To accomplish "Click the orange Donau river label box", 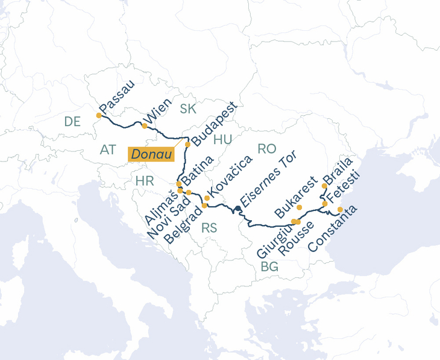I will point(151,154).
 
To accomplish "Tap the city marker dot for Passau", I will point(99,115).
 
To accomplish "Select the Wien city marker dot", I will point(144,126).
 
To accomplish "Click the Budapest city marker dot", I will point(187,145).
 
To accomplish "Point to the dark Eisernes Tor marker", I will point(238,209).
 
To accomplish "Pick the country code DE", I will point(72,122).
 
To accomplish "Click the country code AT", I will point(108,149).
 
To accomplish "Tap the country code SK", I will point(188,109).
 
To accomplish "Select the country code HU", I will point(222,139).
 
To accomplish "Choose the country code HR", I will point(145,181).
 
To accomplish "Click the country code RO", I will point(266,148).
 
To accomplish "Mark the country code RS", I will point(209,228).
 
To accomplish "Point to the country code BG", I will point(269,267).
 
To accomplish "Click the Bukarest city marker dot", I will point(300,207).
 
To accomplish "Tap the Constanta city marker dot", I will point(340,210).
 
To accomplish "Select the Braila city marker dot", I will point(324,186).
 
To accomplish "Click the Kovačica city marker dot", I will point(207,198).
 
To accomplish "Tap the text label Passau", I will point(118,96).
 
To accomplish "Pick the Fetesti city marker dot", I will point(325,204).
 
